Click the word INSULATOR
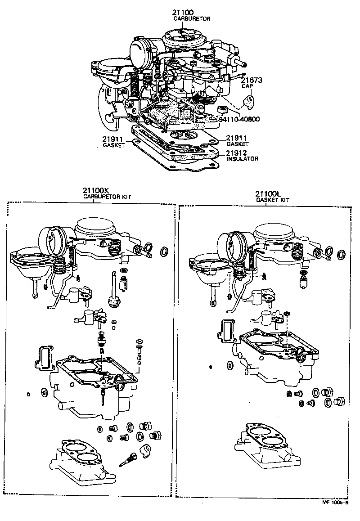coord(242,159)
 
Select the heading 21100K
coord(95,190)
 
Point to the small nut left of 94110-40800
coord(221,110)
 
